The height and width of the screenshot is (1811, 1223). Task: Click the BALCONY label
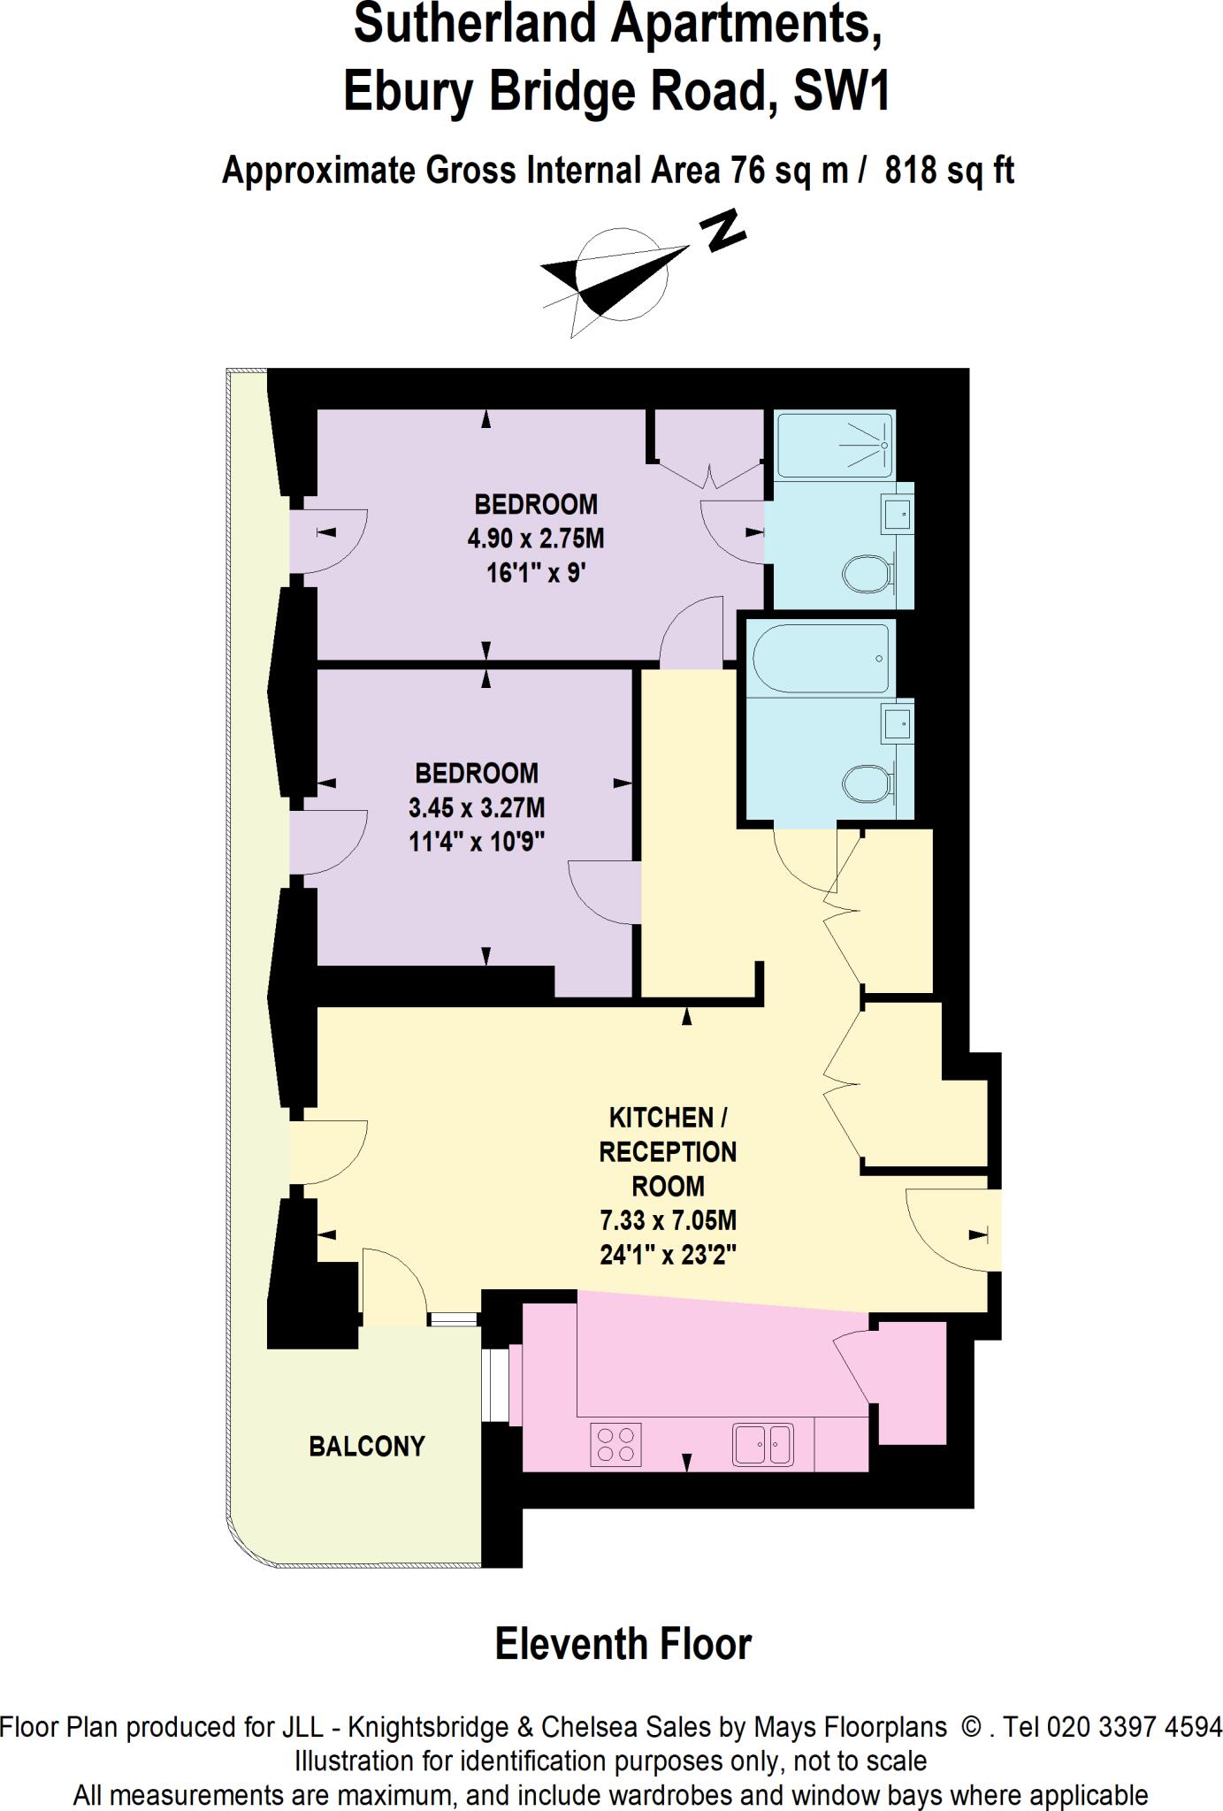[367, 1446]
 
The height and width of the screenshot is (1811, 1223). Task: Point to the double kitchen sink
[762, 1445]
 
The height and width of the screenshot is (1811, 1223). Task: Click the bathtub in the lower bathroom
[820, 659]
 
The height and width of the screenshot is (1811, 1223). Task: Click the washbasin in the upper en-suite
[896, 510]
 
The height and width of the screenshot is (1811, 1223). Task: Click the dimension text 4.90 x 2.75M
[536, 539]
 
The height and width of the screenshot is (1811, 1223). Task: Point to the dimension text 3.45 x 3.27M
[477, 807]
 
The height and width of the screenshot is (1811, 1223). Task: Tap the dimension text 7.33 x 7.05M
[668, 1221]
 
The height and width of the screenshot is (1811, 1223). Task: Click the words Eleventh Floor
[623, 1645]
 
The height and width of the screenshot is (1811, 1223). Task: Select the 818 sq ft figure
[949, 169]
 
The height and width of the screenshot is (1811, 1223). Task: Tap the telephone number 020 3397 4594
[1134, 1727]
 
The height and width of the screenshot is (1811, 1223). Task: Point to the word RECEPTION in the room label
[668, 1152]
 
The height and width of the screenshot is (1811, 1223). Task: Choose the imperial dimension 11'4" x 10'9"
[477, 841]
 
